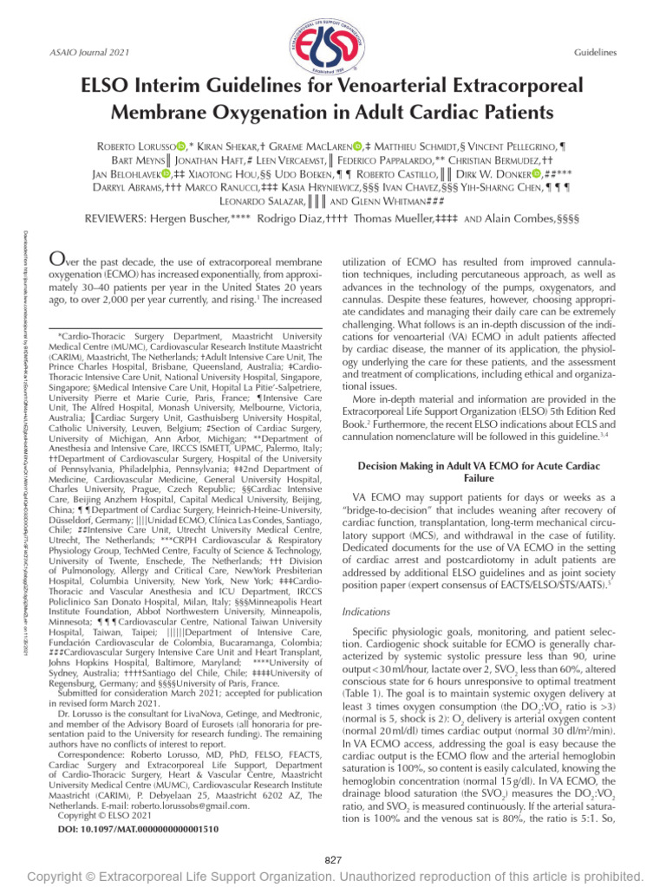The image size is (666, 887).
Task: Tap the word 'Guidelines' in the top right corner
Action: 595,53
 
